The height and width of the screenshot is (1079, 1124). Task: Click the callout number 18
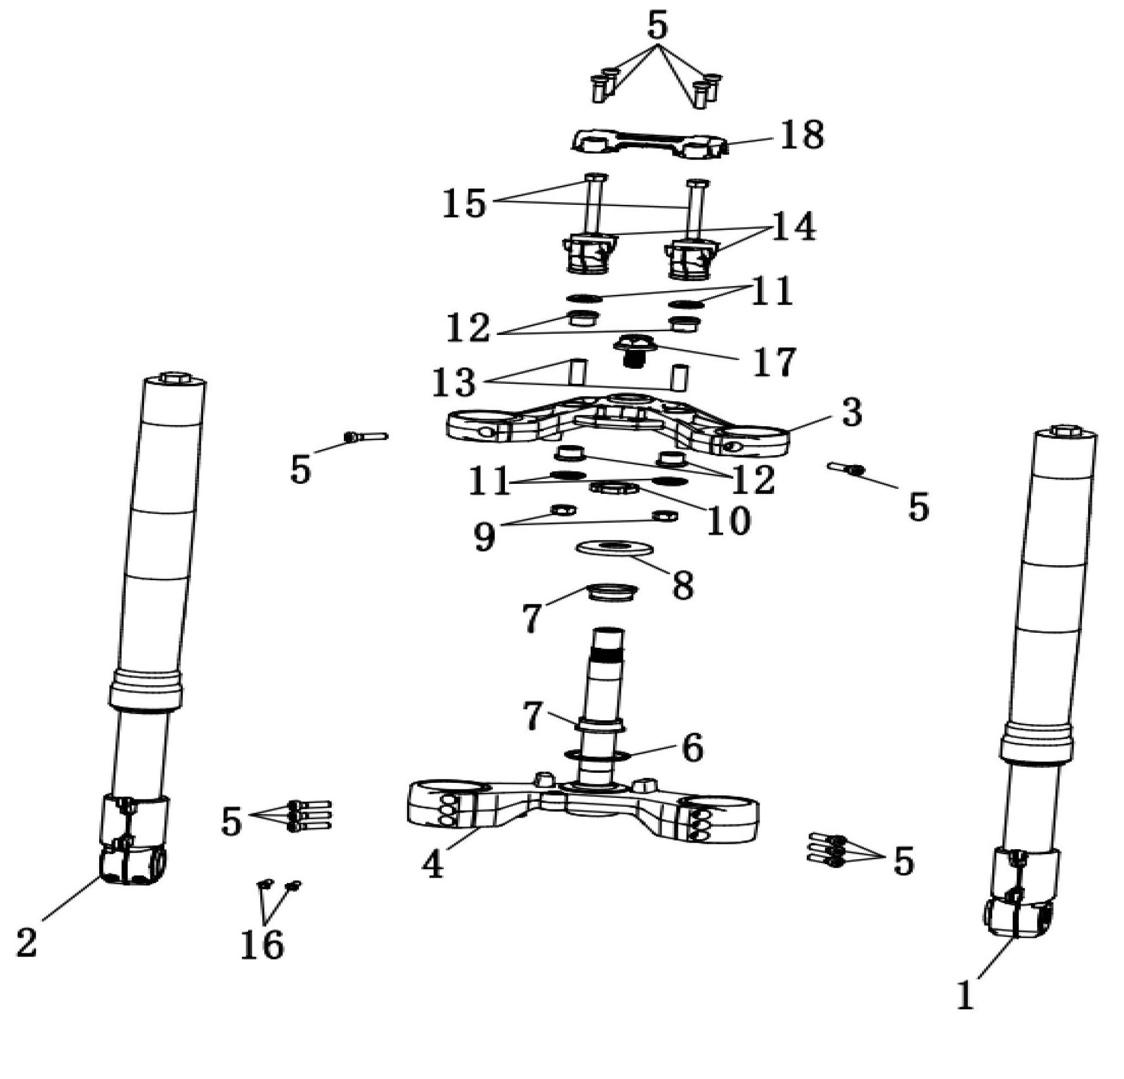[x=802, y=135]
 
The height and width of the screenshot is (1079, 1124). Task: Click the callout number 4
[x=433, y=864]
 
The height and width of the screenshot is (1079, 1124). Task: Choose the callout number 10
[x=728, y=520]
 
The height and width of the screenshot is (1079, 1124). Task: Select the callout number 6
[x=692, y=747]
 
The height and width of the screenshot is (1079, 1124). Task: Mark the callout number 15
[x=465, y=203]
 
